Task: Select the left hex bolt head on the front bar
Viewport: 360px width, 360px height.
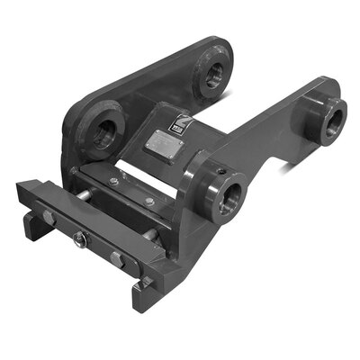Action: click(x=48, y=219)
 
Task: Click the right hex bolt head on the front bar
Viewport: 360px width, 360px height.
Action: click(x=117, y=259)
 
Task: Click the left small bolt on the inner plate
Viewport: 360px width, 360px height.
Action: click(x=114, y=182)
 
